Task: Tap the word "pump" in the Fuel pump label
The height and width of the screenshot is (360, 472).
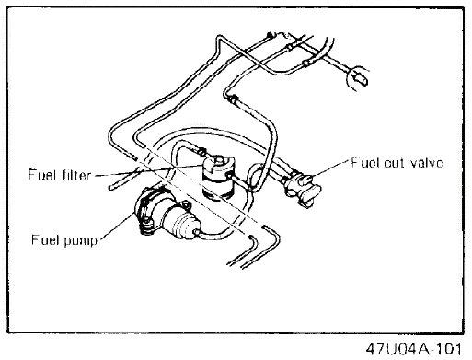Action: pos(81,240)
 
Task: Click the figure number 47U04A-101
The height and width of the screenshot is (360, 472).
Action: pos(413,348)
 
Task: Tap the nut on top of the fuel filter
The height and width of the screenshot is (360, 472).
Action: pos(220,160)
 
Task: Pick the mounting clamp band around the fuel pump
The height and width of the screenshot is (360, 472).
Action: pos(146,212)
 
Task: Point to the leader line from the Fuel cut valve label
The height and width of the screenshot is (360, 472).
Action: pos(330,168)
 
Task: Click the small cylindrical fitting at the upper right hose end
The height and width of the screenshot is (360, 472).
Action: pos(361,78)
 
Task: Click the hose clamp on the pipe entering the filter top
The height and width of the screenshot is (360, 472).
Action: pos(201,151)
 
